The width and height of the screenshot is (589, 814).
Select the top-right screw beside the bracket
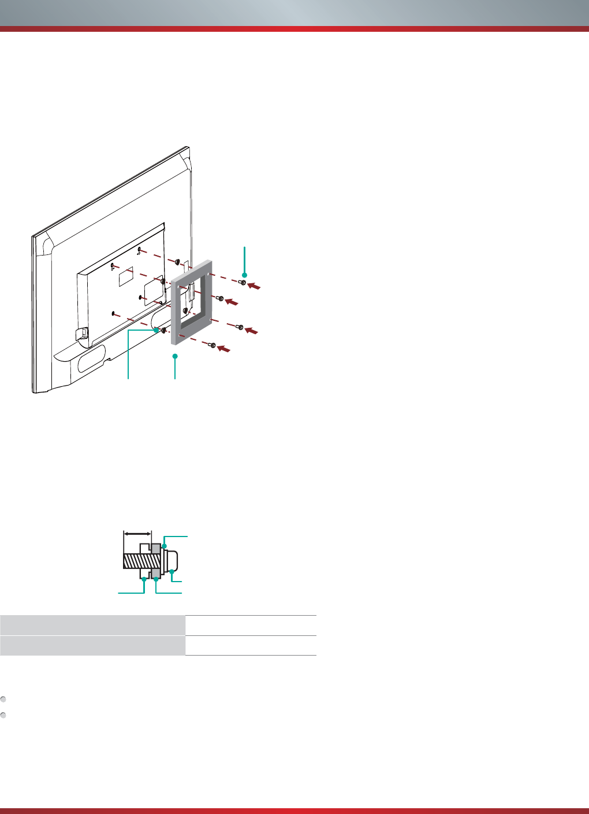[x=243, y=283]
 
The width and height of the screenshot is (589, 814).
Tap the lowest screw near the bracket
[x=213, y=345]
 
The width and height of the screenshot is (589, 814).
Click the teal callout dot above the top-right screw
[x=245, y=275]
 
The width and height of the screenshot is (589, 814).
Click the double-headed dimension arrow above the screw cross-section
[x=137, y=534]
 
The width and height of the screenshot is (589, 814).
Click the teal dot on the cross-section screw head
[x=172, y=572]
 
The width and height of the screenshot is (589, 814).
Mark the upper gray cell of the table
[x=92, y=625]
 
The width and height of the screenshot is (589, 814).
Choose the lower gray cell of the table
[x=92, y=645]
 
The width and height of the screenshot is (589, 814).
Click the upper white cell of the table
[x=251, y=625]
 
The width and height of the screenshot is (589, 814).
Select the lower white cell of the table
[x=251, y=645]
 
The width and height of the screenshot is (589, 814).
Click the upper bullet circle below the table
[x=3, y=699]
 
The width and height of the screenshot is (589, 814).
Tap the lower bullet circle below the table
[x=3, y=715]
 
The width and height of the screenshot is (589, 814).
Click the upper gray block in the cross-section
[x=156, y=547]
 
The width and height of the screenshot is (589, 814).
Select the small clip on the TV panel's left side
[x=82, y=334]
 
